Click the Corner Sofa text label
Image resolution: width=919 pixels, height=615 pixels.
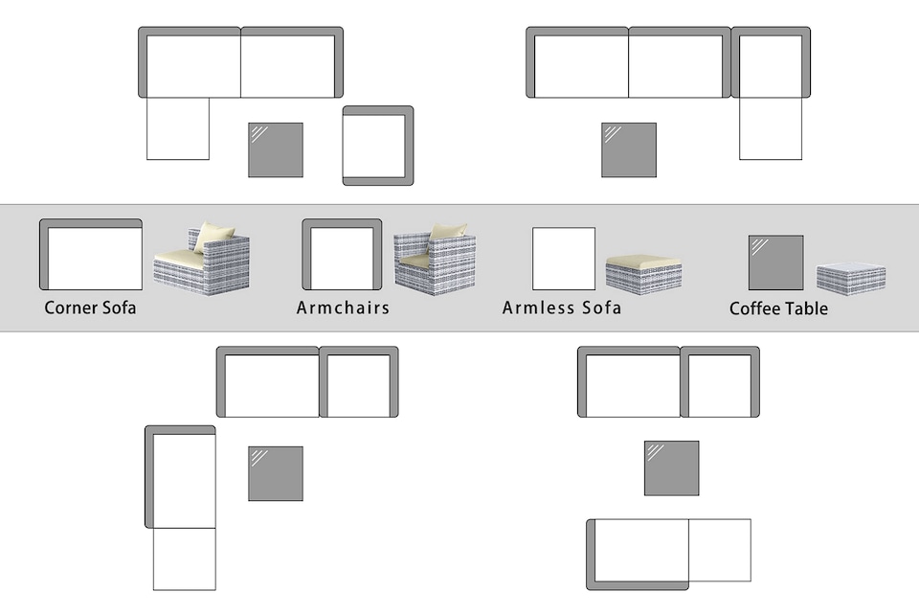(90, 307)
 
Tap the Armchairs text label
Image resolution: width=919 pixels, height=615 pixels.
(343, 307)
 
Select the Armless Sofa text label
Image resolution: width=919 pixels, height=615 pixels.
(562, 307)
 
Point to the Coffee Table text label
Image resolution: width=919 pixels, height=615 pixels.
(778, 308)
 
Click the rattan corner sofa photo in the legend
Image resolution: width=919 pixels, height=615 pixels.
(202, 259)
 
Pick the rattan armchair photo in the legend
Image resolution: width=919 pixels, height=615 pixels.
(435, 259)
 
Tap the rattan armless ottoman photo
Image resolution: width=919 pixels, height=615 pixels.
(643, 273)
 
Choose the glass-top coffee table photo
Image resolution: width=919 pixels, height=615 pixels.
(851, 278)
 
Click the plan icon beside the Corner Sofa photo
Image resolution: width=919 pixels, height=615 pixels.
(91, 255)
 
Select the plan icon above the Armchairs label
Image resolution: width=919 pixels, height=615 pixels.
(342, 255)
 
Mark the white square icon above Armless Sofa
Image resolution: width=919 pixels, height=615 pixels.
(564, 259)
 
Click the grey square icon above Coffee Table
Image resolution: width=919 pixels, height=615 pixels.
(776, 262)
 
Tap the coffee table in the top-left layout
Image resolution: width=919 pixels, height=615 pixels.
(276, 150)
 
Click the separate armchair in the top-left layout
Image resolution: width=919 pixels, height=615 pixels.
(378, 146)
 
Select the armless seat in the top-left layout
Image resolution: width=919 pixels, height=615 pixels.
(178, 128)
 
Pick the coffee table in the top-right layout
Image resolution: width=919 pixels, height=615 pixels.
(629, 150)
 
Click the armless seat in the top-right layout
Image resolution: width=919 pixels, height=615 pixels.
(770, 128)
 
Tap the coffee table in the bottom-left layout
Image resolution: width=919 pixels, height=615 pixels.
(276, 474)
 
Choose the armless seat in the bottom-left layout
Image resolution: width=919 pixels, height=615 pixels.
(185, 559)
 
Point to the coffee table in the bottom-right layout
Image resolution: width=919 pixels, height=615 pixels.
(672, 468)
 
